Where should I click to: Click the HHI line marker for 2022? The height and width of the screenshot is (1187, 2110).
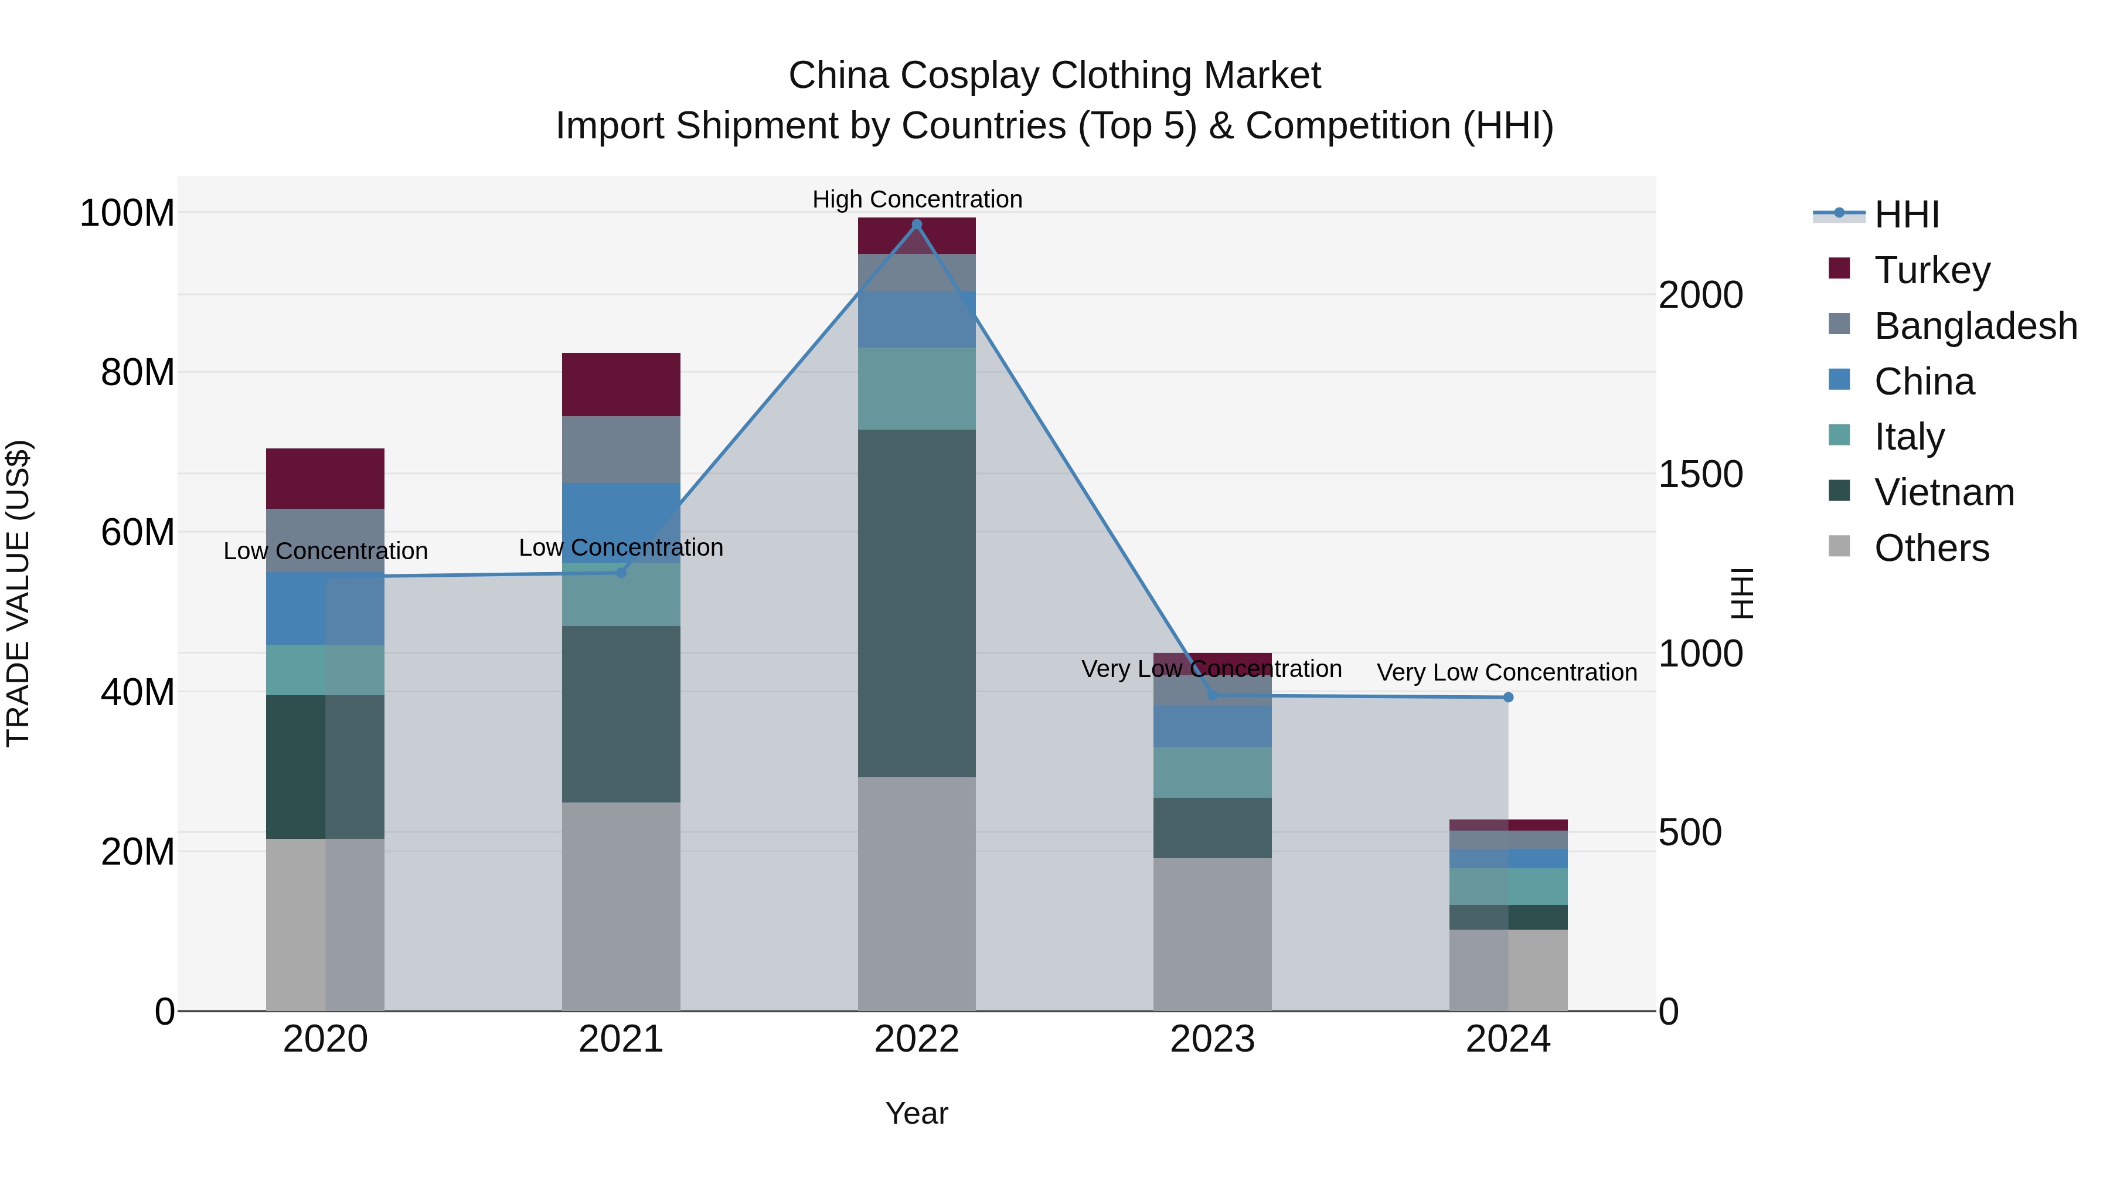point(917,224)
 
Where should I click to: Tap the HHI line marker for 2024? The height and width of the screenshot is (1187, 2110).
point(1508,697)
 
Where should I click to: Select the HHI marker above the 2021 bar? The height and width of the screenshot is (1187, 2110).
point(621,573)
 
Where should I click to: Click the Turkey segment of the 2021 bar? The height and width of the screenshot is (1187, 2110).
point(621,384)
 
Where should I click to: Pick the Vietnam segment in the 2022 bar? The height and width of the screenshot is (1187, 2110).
point(917,603)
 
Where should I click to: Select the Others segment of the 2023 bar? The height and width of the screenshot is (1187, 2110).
point(1212,934)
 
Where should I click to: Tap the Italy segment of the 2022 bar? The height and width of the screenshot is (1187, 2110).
point(917,388)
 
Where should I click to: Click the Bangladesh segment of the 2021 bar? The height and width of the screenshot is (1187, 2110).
point(621,449)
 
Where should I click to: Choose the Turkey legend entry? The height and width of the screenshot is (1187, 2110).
point(1931,270)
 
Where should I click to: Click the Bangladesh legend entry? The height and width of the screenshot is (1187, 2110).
point(1975,326)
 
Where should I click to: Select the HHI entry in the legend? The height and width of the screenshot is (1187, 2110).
point(1906,215)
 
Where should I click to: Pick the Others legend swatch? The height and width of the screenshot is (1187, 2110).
point(1839,546)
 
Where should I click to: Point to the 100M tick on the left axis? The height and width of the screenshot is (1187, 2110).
point(127,213)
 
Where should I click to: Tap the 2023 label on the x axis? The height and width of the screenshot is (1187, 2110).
point(1212,1039)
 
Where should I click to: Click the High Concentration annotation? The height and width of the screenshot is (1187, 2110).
point(917,199)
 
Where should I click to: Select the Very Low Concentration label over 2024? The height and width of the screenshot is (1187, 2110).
point(1506,672)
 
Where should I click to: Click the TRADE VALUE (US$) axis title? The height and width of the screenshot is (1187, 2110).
point(18,593)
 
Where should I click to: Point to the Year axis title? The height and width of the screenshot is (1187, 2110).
point(917,1113)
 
